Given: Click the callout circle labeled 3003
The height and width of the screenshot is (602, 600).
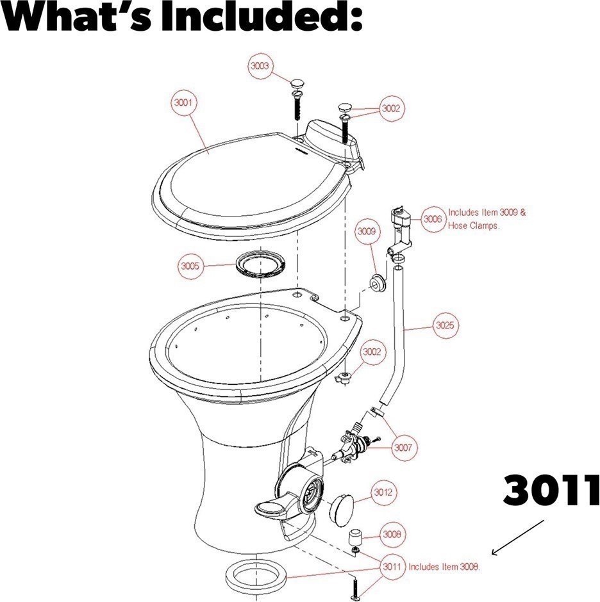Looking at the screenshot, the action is (x=260, y=66).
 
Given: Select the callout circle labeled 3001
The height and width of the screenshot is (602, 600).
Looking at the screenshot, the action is (x=183, y=102).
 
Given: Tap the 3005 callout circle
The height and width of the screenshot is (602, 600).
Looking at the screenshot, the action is (x=190, y=266).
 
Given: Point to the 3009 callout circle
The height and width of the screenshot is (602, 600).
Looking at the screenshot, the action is (x=366, y=231).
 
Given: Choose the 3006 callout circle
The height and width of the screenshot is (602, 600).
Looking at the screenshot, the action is (x=433, y=219).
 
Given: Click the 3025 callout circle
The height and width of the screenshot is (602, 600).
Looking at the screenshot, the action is (x=445, y=325).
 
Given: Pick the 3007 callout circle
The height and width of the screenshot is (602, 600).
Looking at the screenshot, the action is (x=403, y=447).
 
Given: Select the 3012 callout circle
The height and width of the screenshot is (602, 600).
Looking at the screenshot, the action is (x=383, y=492).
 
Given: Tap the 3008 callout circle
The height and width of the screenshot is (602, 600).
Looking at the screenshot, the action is (x=392, y=534).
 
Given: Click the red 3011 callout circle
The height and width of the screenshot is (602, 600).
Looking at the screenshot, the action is (x=392, y=567).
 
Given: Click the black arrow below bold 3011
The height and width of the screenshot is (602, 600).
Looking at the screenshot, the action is (x=518, y=537).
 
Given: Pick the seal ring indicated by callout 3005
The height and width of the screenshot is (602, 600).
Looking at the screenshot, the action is (x=261, y=264).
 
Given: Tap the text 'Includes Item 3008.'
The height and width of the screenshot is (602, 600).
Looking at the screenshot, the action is (x=444, y=567).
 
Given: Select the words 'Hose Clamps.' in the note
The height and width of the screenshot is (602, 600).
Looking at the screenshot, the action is (x=474, y=225).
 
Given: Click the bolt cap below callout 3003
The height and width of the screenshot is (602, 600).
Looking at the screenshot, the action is (x=297, y=83).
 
